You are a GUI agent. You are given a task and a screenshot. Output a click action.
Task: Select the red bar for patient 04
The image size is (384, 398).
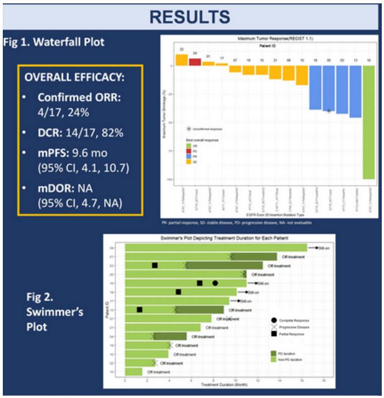(x=195, y=61)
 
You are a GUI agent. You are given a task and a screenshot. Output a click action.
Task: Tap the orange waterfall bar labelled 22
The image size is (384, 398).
(x=182, y=60)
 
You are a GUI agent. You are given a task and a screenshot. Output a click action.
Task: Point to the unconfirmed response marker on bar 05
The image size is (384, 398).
(x=329, y=111)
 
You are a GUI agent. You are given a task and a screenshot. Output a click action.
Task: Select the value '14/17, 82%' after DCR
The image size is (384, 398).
(x=91, y=133)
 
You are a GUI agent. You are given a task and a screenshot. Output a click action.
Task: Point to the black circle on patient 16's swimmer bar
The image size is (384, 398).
(x=215, y=283)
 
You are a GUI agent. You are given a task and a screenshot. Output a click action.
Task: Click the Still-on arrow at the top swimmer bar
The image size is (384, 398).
(x=313, y=247)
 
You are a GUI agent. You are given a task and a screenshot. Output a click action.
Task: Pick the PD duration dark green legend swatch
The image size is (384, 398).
(x=274, y=353)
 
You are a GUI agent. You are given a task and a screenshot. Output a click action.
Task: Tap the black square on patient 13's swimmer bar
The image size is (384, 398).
(x=139, y=310)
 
